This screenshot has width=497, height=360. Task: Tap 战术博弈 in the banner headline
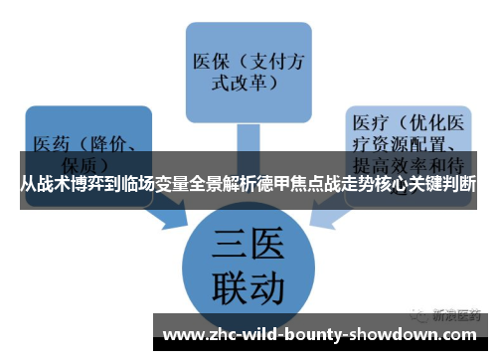(80, 184)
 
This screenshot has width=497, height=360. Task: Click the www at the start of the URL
(183, 333)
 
